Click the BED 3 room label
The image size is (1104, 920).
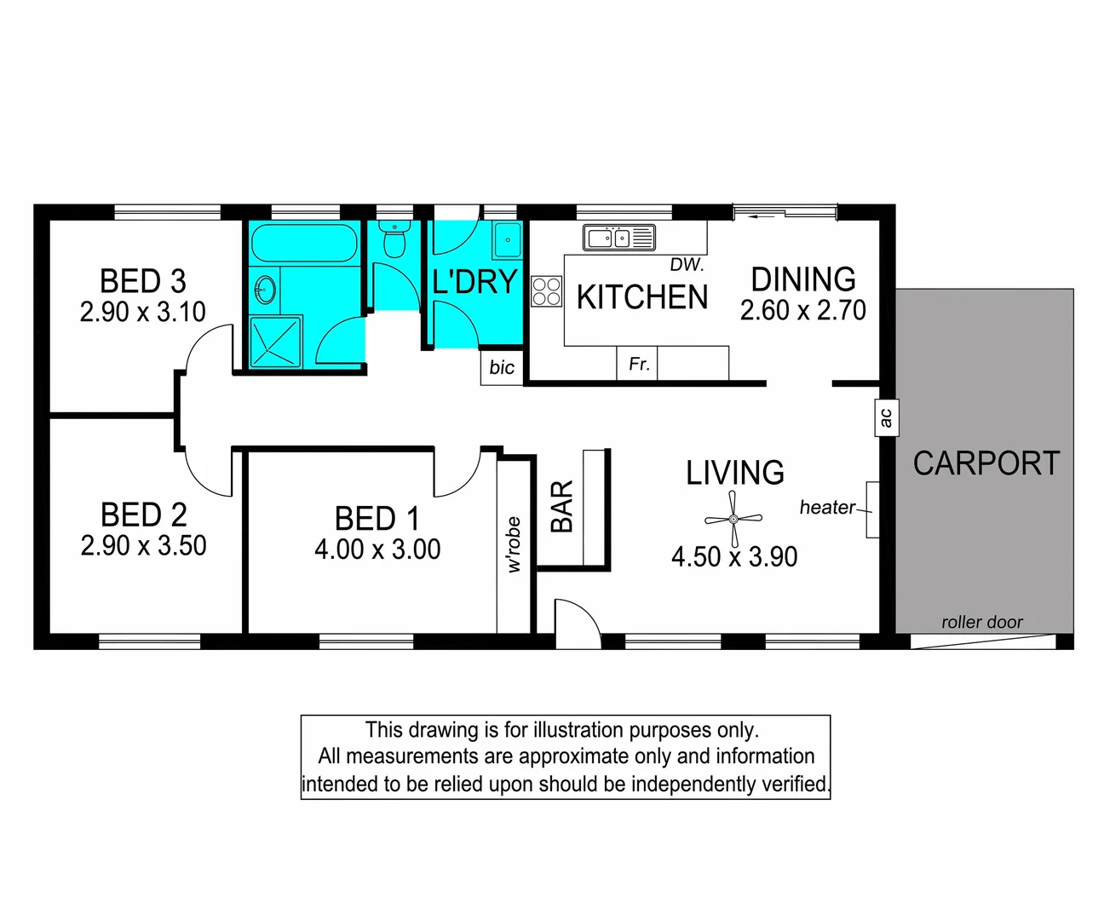pyautogui.click(x=143, y=281)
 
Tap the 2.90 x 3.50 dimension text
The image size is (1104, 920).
pyautogui.click(x=143, y=545)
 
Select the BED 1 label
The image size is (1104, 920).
pyautogui.click(x=377, y=518)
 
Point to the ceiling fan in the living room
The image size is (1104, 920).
pyautogui.click(x=733, y=520)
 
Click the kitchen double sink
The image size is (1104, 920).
pyautogui.click(x=619, y=238)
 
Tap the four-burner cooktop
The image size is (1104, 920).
pyautogui.click(x=547, y=291)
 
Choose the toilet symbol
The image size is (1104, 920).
pyautogui.click(x=394, y=239)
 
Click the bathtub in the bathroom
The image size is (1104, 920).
pyautogui.click(x=305, y=243)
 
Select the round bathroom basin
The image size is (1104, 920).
pyautogui.click(x=266, y=290)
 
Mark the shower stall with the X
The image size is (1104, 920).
pyautogui.click(x=275, y=342)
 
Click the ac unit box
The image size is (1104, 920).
pyautogui.click(x=887, y=417)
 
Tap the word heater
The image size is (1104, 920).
pyautogui.click(x=827, y=508)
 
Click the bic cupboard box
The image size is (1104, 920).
pyautogui.click(x=502, y=367)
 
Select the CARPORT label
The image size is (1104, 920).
pyautogui.click(x=986, y=463)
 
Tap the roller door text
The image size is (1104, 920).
pyautogui.click(x=982, y=623)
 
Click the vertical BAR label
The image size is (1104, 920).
pyautogui.click(x=561, y=507)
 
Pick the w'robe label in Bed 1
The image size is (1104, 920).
pyautogui.click(x=514, y=544)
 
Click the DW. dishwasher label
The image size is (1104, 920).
pyautogui.click(x=687, y=264)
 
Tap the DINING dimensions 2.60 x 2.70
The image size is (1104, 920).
pyautogui.click(x=803, y=310)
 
